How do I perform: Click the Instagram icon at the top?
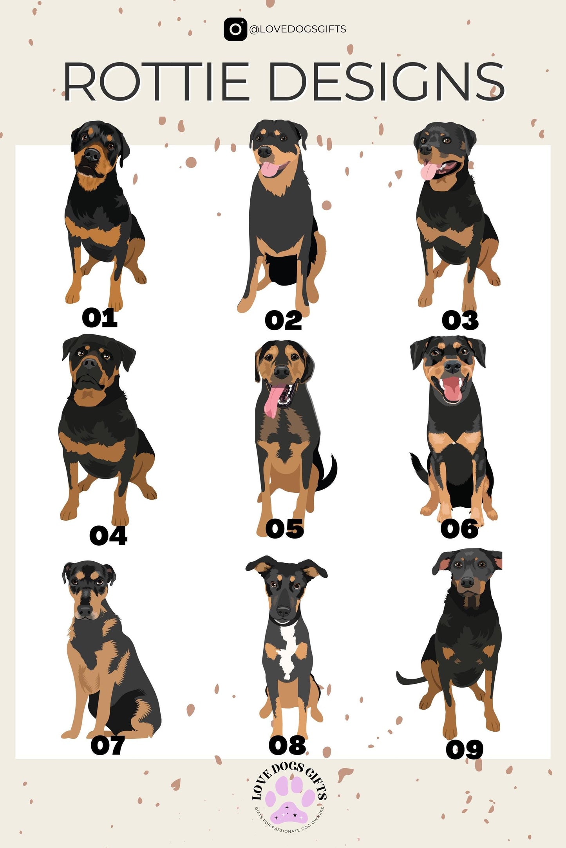pos(235,29)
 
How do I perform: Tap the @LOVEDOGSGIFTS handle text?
pos(298,29)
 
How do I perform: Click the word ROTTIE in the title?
pos(156,81)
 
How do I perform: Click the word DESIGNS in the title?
pos(386,81)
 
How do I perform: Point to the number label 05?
pos(285,529)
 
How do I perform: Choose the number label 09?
pos(465,749)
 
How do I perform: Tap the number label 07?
pos(108,745)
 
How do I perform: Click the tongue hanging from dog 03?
pos(428,171)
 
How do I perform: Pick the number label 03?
pos(460,321)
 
